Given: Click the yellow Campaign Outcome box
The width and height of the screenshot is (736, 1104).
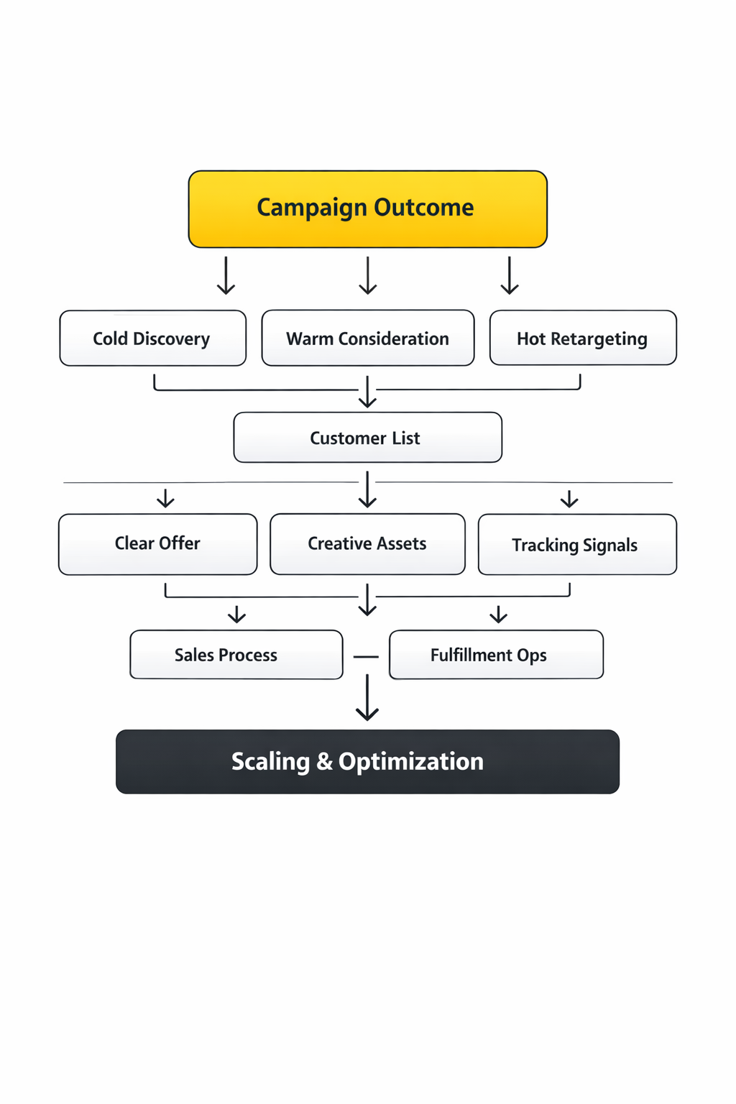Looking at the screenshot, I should tap(367, 209).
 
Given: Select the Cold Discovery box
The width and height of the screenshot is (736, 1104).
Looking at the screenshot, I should tap(152, 338).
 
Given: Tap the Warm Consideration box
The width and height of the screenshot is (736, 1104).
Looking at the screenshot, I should tap(367, 338).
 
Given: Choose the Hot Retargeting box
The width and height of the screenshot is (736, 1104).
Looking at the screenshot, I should tap(582, 338).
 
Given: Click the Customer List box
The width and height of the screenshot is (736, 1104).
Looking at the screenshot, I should tap(367, 437).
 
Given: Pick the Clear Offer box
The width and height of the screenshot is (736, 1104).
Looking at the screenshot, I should tap(157, 543).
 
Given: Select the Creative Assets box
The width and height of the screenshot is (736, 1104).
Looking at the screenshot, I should tap(367, 543).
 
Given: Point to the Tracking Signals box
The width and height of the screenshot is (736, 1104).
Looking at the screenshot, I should tap(576, 544).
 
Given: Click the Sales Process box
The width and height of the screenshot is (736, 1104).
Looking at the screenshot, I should tap(236, 654).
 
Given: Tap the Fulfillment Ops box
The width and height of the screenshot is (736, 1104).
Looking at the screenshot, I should tap(495, 654).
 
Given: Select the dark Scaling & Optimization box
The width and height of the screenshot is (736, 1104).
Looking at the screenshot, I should tap(367, 761).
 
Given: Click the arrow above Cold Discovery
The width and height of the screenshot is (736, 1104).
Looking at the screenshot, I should tap(226, 276).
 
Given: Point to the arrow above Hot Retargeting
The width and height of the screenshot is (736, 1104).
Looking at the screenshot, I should tap(510, 276).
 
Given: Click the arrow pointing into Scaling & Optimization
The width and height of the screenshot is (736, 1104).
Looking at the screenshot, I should tap(367, 697).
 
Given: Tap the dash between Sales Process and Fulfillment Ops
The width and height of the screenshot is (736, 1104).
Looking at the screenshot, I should tap(366, 656).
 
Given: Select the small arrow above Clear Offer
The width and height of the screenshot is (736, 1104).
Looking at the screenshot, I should tap(165, 498).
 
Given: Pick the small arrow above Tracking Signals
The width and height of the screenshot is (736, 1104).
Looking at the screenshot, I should tap(569, 499).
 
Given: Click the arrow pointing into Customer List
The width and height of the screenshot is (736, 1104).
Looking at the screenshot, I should tap(367, 392).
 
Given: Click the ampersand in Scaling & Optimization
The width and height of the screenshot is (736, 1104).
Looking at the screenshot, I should tap(324, 761).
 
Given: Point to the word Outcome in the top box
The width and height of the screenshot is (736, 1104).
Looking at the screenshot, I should tap(423, 207).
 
